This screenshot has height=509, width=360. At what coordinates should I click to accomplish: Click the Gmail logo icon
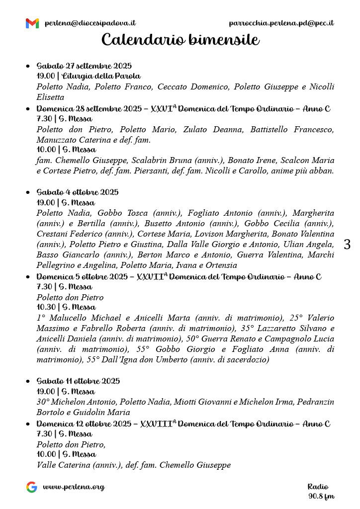point(32,23)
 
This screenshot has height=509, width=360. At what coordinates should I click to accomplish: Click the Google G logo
point(32,487)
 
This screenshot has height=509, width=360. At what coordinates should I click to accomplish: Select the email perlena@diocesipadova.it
point(90,23)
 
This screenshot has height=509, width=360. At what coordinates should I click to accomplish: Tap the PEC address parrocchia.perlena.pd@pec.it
point(281,23)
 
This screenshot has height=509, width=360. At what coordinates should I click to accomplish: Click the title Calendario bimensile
point(180,40)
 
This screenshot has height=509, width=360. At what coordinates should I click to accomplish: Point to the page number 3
point(347,244)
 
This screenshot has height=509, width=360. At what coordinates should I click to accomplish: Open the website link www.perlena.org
point(74,487)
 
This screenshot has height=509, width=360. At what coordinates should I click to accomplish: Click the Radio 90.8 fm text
point(321,491)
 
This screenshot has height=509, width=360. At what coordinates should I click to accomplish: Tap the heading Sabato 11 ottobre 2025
point(78,381)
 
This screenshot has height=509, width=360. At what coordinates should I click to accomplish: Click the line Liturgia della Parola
point(89,76)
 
